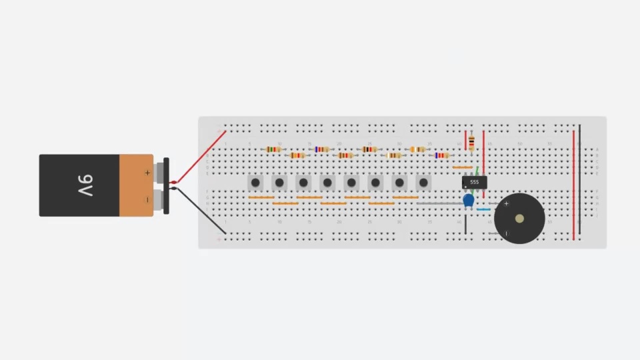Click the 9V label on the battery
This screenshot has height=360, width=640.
point(85,185)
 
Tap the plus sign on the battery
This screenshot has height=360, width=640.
point(147,173)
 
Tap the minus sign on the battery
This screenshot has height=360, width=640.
point(147,199)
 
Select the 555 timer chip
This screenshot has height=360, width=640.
point(474,181)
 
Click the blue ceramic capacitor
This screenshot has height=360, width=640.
point(469,199)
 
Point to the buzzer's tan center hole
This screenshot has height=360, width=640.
point(519,219)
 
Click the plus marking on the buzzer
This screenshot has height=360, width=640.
point(507,203)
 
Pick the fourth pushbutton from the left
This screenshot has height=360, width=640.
point(327,182)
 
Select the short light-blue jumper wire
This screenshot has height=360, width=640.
point(483,209)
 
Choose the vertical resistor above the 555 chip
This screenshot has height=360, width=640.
point(471,143)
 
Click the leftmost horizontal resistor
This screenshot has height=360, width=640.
point(273,149)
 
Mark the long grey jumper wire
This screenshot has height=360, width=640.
point(440,203)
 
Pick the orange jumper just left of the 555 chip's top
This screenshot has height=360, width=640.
point(462,167)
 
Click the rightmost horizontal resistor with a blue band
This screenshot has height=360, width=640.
point(441,155)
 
